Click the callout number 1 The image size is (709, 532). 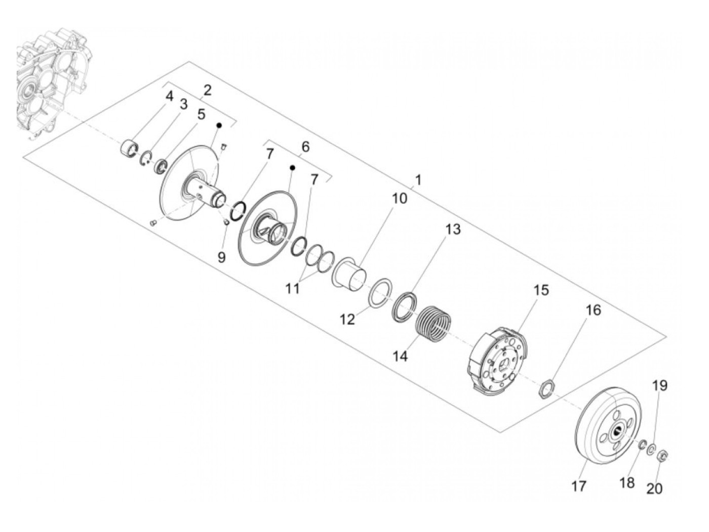click(x=418, y=180)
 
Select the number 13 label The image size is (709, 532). click(x=453, y=229)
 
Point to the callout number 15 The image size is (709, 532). click(x=540, y=290)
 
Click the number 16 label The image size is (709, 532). click(x=593, y=310)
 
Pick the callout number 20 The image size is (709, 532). click(x=654, y=489)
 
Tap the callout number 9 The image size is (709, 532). click(x=221, y=257)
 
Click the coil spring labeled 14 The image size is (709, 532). click(x=434, y=323)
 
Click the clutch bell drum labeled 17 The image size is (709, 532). click(x=605, y=422)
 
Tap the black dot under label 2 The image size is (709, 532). click(x=219, y=124)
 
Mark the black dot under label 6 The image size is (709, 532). click(x=292, y=167)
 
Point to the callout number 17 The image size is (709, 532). click(x=579, y=486)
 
